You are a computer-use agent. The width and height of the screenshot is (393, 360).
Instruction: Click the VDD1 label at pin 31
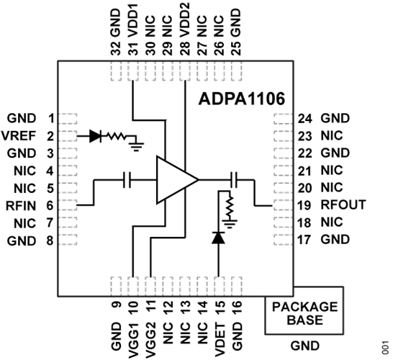pyautogui.click(x=132, y=27)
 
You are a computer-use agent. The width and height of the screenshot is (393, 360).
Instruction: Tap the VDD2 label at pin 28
pyautogui.click(x=186, y=27)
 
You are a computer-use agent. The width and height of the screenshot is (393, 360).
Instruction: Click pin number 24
pyautogui.click(x=306, y=117)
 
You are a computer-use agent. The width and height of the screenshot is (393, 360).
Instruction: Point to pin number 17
pyautogui.click(x=306, y=239)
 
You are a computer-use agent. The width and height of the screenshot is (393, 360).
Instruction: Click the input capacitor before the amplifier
pyautogui.click(x=127, y=180)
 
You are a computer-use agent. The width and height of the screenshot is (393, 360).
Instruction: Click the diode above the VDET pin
pyautogui.click(x=214, y=238)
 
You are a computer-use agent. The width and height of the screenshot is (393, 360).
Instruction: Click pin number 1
pyautogui.click(x=50, y=117)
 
